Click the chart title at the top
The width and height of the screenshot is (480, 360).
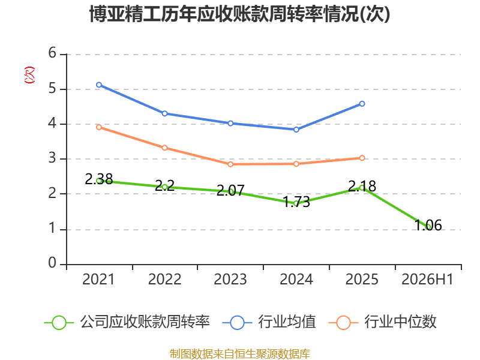click(x=239, y=14)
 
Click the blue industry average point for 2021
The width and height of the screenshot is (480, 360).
click(x=99, y=85)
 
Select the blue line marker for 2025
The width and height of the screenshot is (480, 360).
click(x=362, y=104)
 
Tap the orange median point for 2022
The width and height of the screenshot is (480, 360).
click(x=164, y=148)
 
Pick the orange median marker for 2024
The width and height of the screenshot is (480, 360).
click(x=296, y=164)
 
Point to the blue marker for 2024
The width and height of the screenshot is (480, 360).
click(x=296, y=130)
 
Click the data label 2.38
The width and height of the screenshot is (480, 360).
click(x=99, y=179)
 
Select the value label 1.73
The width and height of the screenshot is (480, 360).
click(x=296, y=202)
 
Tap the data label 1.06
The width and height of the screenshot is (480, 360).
click(x=428, y=226)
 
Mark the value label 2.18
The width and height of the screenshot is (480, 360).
click(x=362, y=186)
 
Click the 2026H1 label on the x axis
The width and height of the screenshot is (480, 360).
click(x=427, y=280)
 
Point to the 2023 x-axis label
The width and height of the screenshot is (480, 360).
click(x=230, y=280)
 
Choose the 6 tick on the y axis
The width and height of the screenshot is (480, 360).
click(x=52, y=53)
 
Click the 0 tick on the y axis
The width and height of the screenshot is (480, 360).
click(x=52, y=263)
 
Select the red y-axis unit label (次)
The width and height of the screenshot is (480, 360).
click(x=29, y=75)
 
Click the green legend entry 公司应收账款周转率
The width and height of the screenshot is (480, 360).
click(x=127, y=322)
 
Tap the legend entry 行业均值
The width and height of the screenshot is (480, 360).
click(x=269, y=322)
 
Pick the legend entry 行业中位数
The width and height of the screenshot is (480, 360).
click(x=383, y=322)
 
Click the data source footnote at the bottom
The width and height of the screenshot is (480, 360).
click(x=240, y=354)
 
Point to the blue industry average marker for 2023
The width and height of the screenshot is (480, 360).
click(x=230, y=124)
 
